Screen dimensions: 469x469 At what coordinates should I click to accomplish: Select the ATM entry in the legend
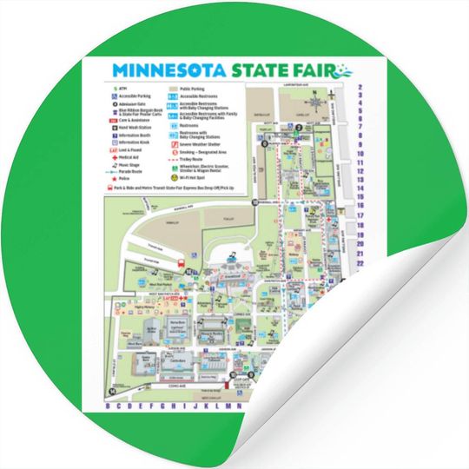[119, 88]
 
